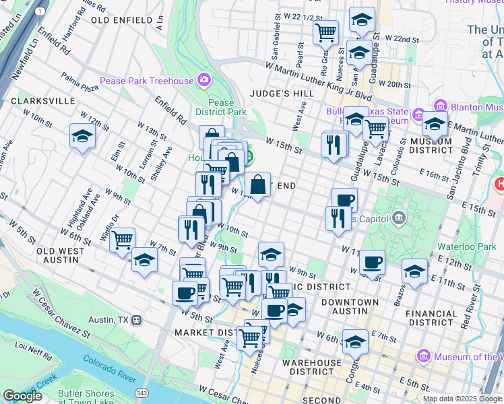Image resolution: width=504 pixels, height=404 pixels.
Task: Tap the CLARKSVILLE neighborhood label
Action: click(x=43, y=100)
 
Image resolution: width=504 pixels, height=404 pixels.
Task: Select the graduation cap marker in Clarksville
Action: click(x=82, y=137)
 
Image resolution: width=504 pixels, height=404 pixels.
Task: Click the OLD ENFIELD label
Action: click(x=122, y=21)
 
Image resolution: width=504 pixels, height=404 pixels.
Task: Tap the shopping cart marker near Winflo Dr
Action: click(x=122, y=240)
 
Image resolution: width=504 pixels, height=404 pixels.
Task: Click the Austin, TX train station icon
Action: click(x=137, y=319)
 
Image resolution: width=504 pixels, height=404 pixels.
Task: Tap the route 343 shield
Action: click(x=141, y=393)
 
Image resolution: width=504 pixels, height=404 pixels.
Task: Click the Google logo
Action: click(x=22, y=396)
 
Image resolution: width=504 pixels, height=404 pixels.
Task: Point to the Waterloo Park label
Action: click(x=466, y=247)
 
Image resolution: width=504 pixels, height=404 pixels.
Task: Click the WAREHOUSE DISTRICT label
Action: click(x=312, y=367)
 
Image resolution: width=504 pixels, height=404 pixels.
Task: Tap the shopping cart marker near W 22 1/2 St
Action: click(x=325, y=32)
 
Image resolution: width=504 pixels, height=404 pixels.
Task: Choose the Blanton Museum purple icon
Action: click(x=441, y=106)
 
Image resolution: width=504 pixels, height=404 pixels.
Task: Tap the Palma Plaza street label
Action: click(x=80, y=83)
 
